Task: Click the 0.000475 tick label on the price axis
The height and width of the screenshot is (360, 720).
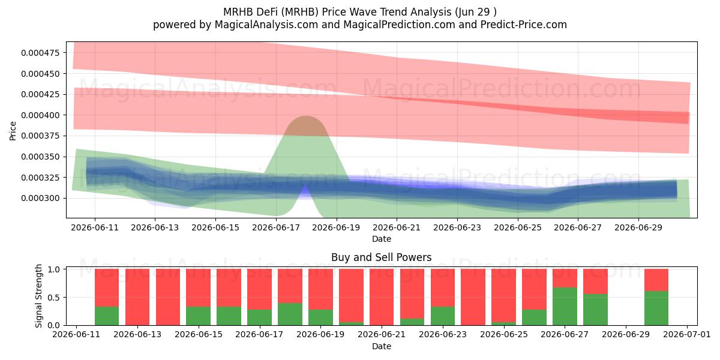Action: click(x=41, y=53)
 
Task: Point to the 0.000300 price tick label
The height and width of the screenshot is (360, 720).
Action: click(x=41, y=199)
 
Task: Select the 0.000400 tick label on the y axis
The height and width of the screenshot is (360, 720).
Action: click(x=41, y=115)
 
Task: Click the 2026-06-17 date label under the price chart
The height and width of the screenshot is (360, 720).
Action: click(x=276, y=227)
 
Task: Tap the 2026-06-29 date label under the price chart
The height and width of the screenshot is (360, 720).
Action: click(x=638, y=227)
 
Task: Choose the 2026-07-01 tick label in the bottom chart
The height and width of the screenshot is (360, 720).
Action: click(x=687, y=334)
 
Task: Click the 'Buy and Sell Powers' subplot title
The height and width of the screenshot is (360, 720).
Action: click(x=382, y=257)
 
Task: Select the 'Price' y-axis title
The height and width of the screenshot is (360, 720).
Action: click(x=13, y=131)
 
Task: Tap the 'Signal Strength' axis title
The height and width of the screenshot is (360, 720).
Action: click(x=38, y=296)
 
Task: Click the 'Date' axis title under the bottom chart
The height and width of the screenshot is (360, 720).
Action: click(x=382, y=346)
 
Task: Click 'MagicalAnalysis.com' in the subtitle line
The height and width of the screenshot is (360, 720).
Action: click(x=266, y=25)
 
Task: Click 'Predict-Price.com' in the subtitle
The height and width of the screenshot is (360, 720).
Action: click(x=524, y=25)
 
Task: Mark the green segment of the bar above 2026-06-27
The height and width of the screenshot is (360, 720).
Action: click(x=565, y=307)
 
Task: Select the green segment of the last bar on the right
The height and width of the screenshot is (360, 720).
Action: click(x=656, y=308)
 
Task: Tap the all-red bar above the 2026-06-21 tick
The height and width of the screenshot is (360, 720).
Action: click(x=382, y=297)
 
